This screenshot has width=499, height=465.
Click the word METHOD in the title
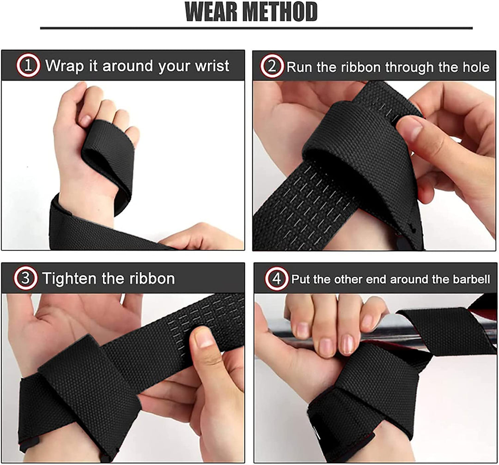(282, 12)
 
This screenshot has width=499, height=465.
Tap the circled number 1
(28, 66)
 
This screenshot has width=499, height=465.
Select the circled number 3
(25, 278)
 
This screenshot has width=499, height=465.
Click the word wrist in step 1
(212, 66)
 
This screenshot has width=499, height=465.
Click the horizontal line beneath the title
(256, 28)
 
